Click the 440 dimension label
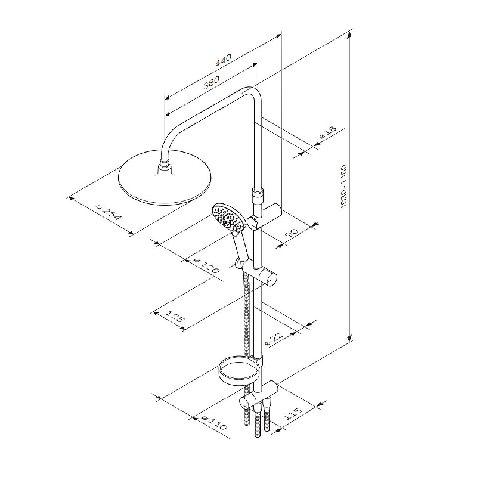pyautogui.click(x=223, y=60)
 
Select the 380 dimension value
pyautogui.click(x=211, y=82)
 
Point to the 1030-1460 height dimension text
pyautogui.click(x=344, y=186)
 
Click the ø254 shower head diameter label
pyautogui.click(x=109, y=212)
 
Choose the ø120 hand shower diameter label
pyautogui.click(x=206, y=266)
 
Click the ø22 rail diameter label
pyautogui.click(x=274, y=338)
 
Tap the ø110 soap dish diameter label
pyautogui.click(x=215, y=423)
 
